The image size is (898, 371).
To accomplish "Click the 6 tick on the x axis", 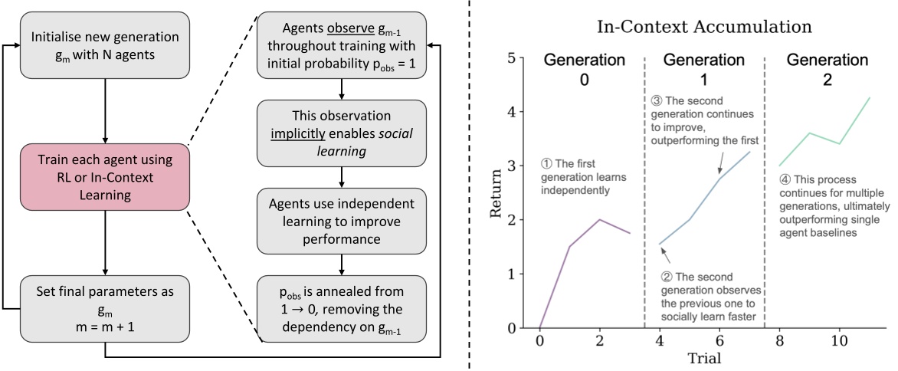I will coord(719,339).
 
